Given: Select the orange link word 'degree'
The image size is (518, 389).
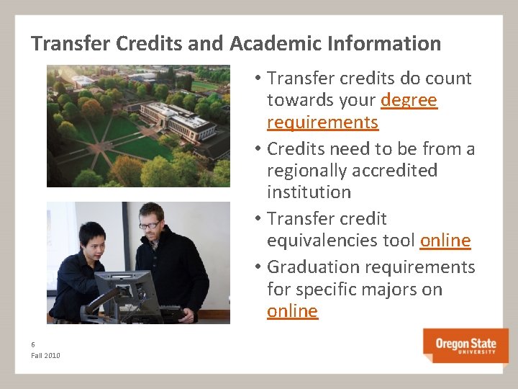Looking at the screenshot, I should click(x=409, y=100).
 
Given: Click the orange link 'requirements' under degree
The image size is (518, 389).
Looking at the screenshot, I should click(x=322, y=122).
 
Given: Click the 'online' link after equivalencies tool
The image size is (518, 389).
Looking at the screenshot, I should click(x=445, y=241).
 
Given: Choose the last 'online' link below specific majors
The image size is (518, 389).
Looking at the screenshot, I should click(x=292, y=311).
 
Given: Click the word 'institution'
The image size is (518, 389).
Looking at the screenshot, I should click(x=309, y=192).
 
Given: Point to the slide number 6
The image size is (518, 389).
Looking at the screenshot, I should click(x=33, y=345).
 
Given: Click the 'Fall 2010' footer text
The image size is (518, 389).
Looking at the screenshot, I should click(x=46, y=356).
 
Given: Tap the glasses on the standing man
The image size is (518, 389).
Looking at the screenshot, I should click(x=150, y=225).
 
